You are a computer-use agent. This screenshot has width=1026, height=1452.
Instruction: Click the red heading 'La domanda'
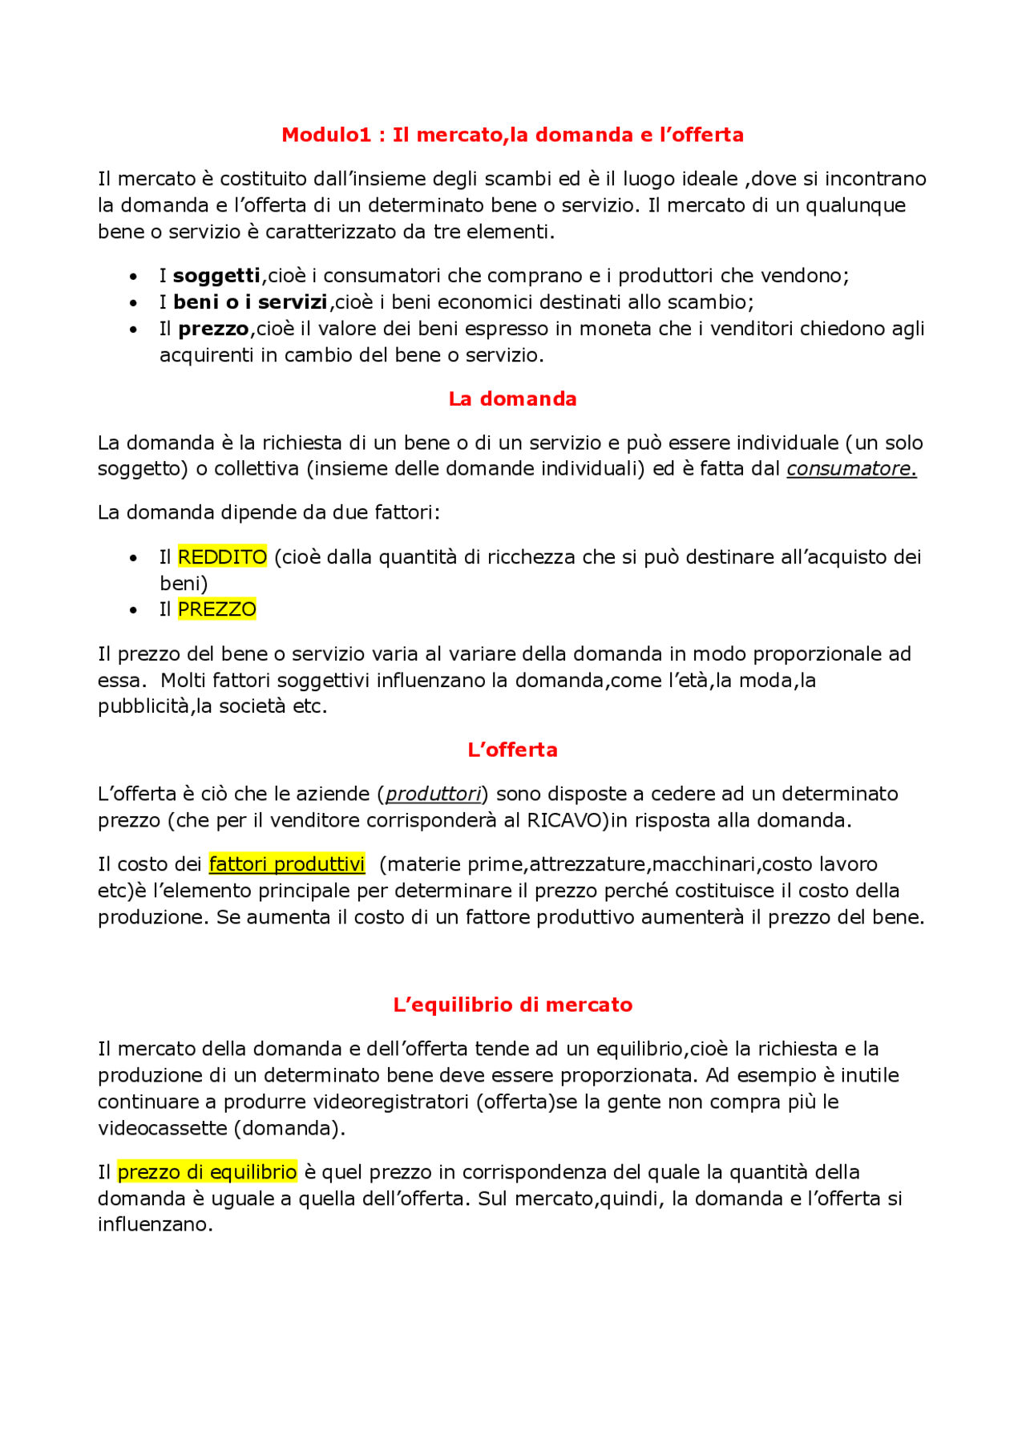click(512, 398)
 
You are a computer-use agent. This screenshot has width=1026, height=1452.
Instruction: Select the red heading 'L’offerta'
click(512, 750)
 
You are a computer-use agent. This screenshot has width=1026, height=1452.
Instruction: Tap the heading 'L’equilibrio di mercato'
click(512, 1005)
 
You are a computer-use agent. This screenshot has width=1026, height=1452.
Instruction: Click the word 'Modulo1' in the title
click(326, 135)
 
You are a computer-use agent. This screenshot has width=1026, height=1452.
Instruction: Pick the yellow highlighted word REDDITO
click(222, 556)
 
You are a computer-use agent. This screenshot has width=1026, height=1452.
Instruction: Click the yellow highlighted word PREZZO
click(216, 609)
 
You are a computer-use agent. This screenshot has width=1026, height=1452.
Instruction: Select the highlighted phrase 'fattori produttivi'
click(287, 864)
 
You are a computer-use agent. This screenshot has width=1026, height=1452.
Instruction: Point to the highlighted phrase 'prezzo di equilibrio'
click(207, 1172)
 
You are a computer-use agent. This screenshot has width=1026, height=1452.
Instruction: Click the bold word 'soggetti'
click(216, 276)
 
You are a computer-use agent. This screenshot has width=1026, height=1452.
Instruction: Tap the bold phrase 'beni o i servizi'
click(250, 302)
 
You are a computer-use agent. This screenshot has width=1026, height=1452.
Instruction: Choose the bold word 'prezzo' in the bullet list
click(213, 329)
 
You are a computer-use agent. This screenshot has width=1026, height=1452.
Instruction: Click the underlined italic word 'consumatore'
click(850, 469)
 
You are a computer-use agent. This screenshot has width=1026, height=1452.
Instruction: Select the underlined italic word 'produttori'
click(433, 794)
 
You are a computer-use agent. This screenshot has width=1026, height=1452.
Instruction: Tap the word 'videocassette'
click(163, 1128)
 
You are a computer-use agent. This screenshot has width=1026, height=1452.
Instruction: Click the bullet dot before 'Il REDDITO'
click(133, 558)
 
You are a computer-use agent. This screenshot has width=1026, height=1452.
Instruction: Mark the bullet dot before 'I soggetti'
click(133, 277)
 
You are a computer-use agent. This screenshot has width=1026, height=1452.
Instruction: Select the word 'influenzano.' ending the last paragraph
click(156, 1224)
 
